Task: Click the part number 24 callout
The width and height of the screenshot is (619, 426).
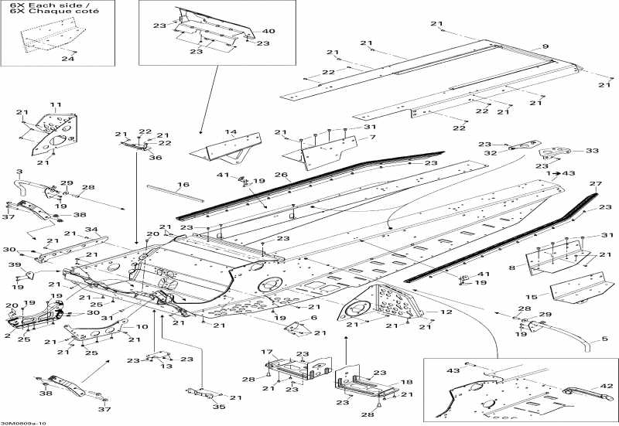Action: click(68, 59)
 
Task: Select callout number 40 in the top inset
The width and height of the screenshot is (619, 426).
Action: click(268, 31)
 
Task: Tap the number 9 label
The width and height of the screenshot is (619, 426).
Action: click(545, 47)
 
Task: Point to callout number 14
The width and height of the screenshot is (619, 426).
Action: click(231, 132)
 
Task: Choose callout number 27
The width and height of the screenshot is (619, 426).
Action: click(595, 183)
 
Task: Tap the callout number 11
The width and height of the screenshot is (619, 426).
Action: click(56, 104)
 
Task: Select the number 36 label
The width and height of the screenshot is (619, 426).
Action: click(156, 158)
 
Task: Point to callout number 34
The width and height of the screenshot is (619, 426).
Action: click(91, 229)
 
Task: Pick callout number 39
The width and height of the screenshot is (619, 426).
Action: click(15, 265)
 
